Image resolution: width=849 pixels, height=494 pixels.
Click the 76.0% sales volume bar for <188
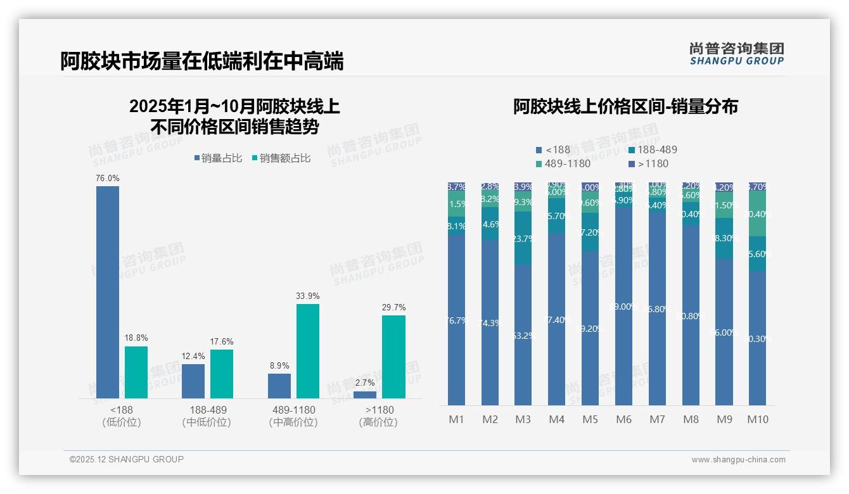point(107,291)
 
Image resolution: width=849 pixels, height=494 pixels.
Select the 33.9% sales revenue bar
point(307,351)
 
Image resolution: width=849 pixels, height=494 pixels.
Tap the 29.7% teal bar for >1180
point(393,357)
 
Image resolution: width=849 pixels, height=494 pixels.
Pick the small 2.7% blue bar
point(365,395)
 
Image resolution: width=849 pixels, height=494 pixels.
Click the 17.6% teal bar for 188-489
point(222,374)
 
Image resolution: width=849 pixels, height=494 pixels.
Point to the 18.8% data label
point(136,338)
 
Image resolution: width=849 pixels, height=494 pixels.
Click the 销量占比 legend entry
point(217,158)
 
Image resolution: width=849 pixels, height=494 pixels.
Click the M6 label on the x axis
point(624,419)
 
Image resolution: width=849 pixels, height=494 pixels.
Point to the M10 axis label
point(758,419)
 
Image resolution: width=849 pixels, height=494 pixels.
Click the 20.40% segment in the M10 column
point(758,214)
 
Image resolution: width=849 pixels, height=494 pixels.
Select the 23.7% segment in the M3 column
point(523,238)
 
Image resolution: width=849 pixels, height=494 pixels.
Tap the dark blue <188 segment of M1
point(456,320)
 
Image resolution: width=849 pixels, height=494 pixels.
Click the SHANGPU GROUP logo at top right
point(736,54)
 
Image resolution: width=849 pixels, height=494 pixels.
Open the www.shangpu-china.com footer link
point(738,460)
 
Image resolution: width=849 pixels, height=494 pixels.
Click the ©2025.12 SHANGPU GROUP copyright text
point(127,459)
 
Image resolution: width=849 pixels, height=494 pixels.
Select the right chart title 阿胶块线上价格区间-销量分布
point(625,106)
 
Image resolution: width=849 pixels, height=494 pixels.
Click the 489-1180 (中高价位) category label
point(293,416)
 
